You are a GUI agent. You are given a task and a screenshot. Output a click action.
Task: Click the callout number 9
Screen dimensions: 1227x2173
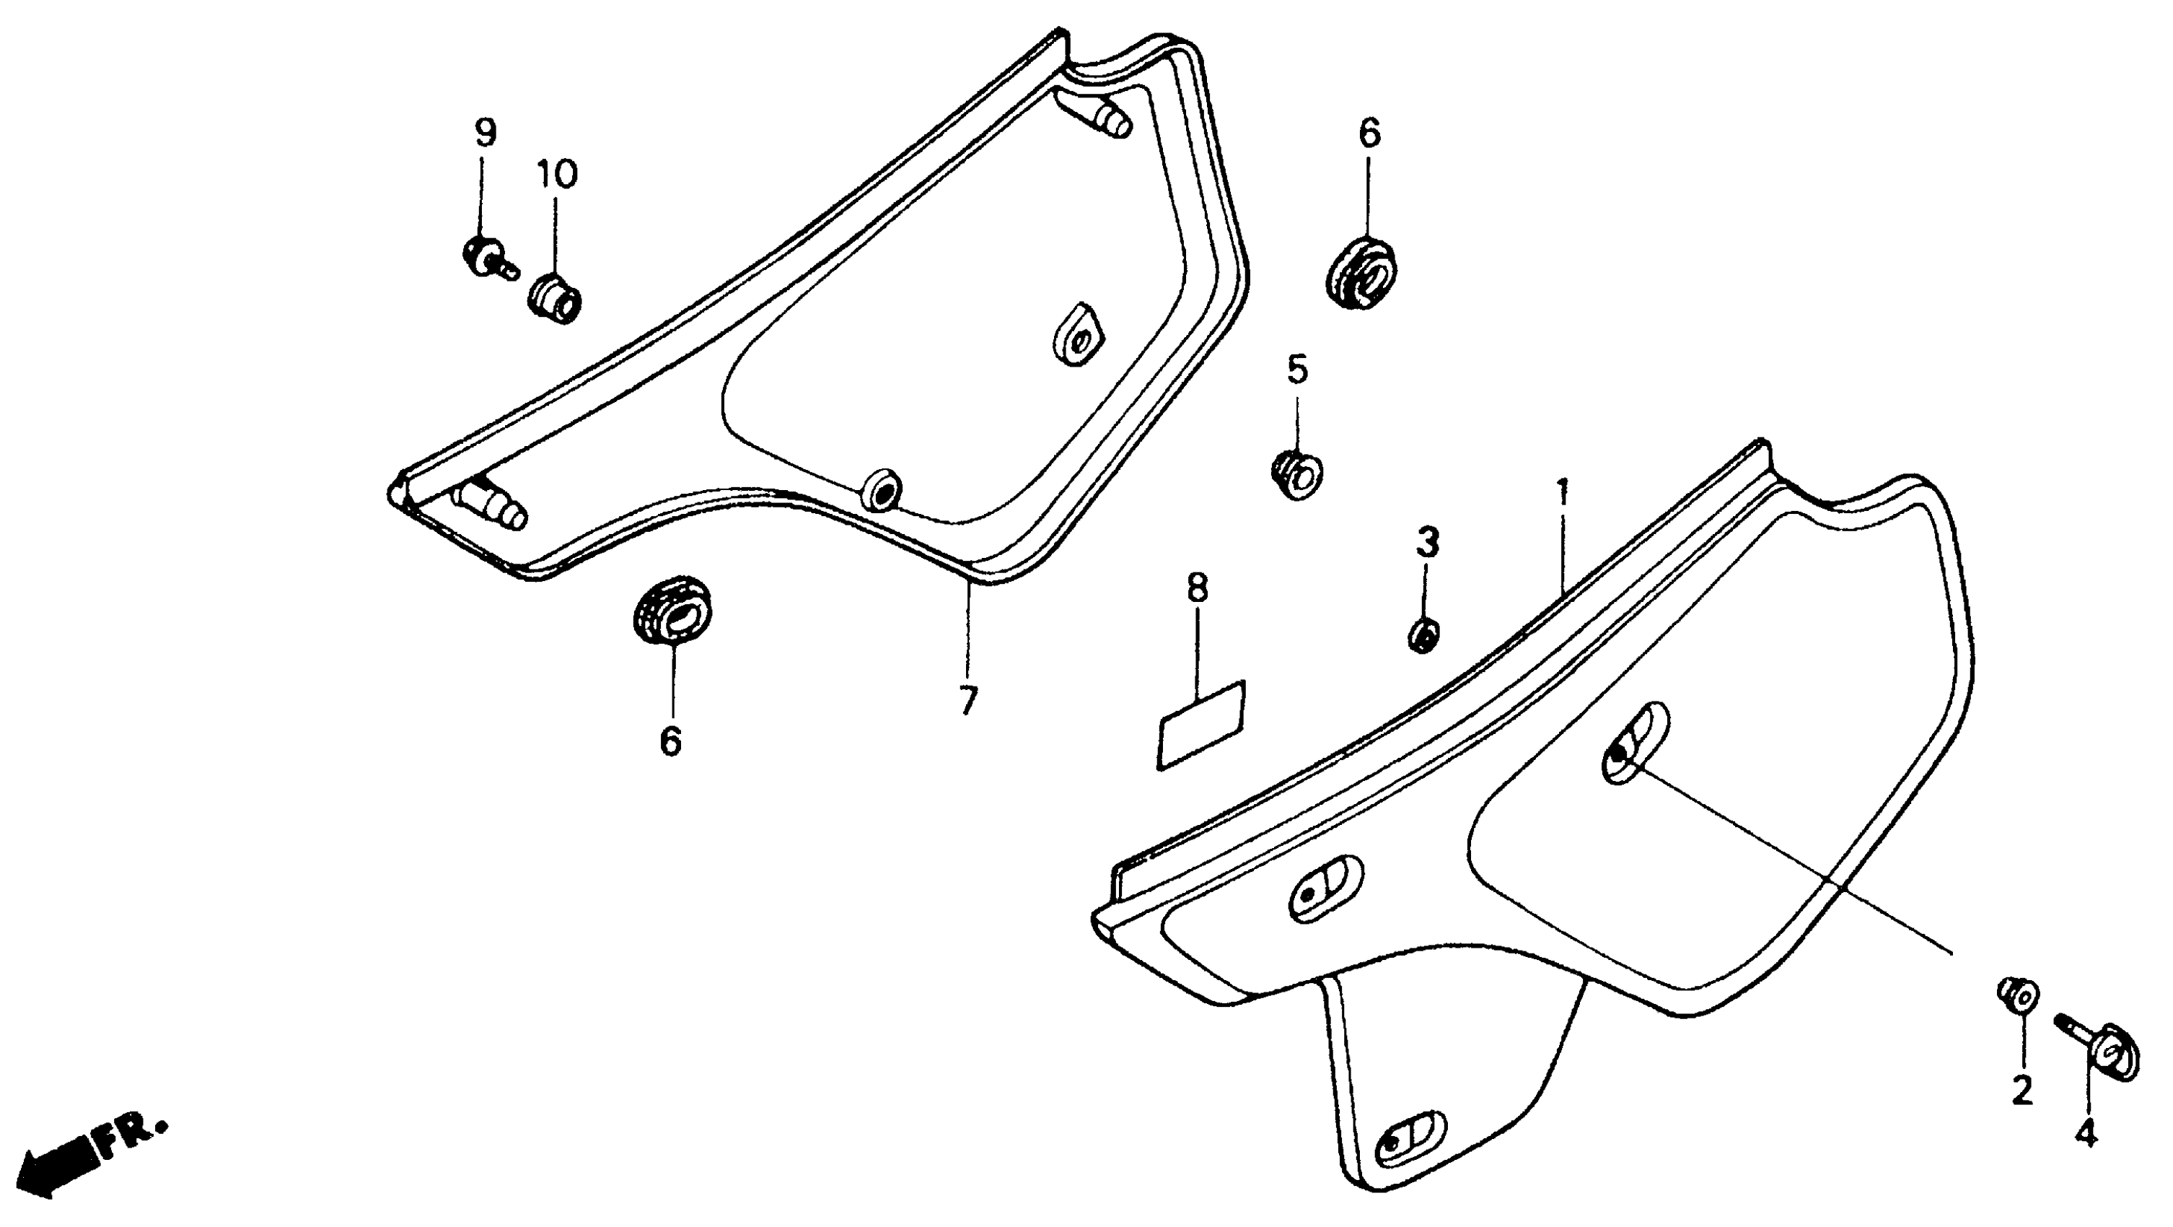(x=485, y=133)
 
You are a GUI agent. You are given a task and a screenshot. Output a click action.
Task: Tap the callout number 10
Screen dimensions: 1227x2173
(x=557, y=174)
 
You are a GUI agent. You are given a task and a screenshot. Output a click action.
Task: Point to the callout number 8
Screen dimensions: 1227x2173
(x=1197, y=589)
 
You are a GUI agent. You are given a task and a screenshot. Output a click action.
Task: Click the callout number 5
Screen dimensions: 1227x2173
(x=1296, y=370)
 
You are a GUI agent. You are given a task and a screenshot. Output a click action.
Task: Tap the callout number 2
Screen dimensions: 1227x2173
(x=2022, y=1091)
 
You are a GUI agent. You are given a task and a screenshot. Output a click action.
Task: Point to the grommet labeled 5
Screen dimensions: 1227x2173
(x=1296, y=476)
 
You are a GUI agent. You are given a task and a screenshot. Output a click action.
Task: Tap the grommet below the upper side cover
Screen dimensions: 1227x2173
(x=672, y=610)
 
